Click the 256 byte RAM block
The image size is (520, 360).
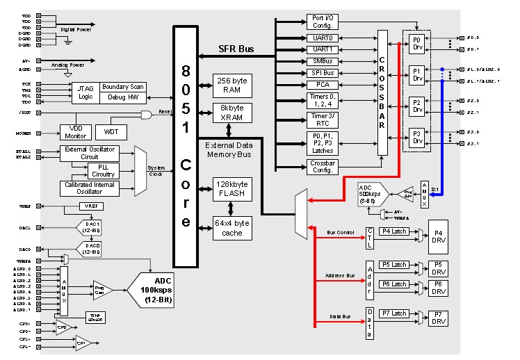coord(231,85)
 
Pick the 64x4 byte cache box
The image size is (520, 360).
coord(231,228)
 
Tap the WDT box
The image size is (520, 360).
coord(111,131)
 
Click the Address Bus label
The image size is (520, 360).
coord(341,277)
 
